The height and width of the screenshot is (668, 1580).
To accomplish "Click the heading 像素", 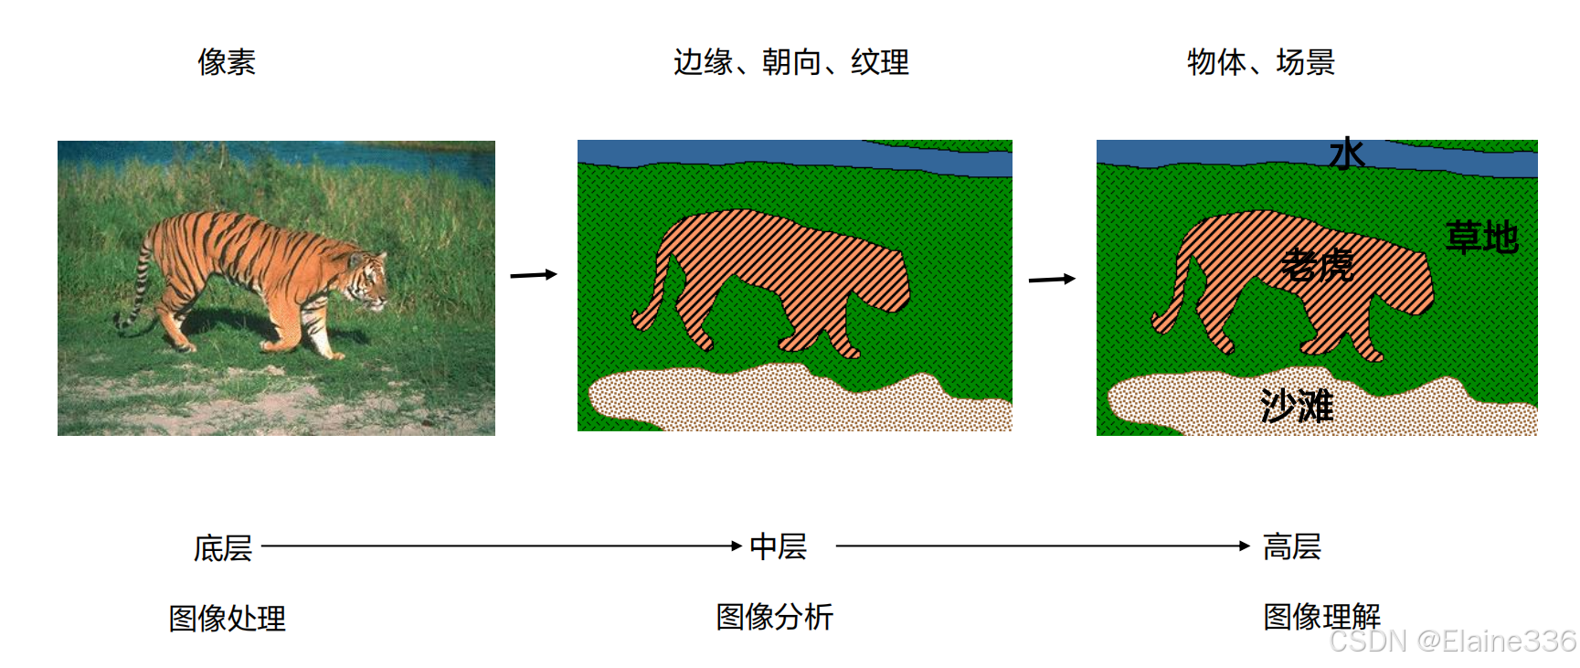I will click(227, 62).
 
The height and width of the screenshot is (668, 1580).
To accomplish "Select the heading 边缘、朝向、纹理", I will click(790, 62).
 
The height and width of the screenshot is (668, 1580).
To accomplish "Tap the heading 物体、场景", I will click(1260, 62).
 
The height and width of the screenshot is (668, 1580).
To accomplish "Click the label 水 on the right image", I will click(1347, 154).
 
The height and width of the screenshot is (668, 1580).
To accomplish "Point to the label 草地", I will click(1481, 238).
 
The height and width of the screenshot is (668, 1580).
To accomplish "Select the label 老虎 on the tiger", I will click(1317, 265).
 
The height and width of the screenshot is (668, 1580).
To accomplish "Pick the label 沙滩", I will click(1297, 405).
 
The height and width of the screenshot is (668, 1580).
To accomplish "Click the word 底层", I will click(223, 548).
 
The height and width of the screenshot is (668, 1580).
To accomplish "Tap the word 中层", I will click(778, 547).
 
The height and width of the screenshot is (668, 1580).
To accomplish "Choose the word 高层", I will click(1291, 547).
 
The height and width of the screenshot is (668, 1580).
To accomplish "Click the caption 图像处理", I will click(227, 619).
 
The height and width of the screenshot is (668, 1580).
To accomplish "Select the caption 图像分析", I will click(774, 617).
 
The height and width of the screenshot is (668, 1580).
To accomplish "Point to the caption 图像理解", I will click(1320, 617).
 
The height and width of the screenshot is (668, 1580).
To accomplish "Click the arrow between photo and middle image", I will click(534, 274).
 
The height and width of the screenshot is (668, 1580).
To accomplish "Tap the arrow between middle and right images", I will click(1052, 279).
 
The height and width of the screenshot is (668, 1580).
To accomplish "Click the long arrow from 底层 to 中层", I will click(501, 546).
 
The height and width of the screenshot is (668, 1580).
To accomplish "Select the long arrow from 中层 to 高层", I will click(1042, 546).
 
